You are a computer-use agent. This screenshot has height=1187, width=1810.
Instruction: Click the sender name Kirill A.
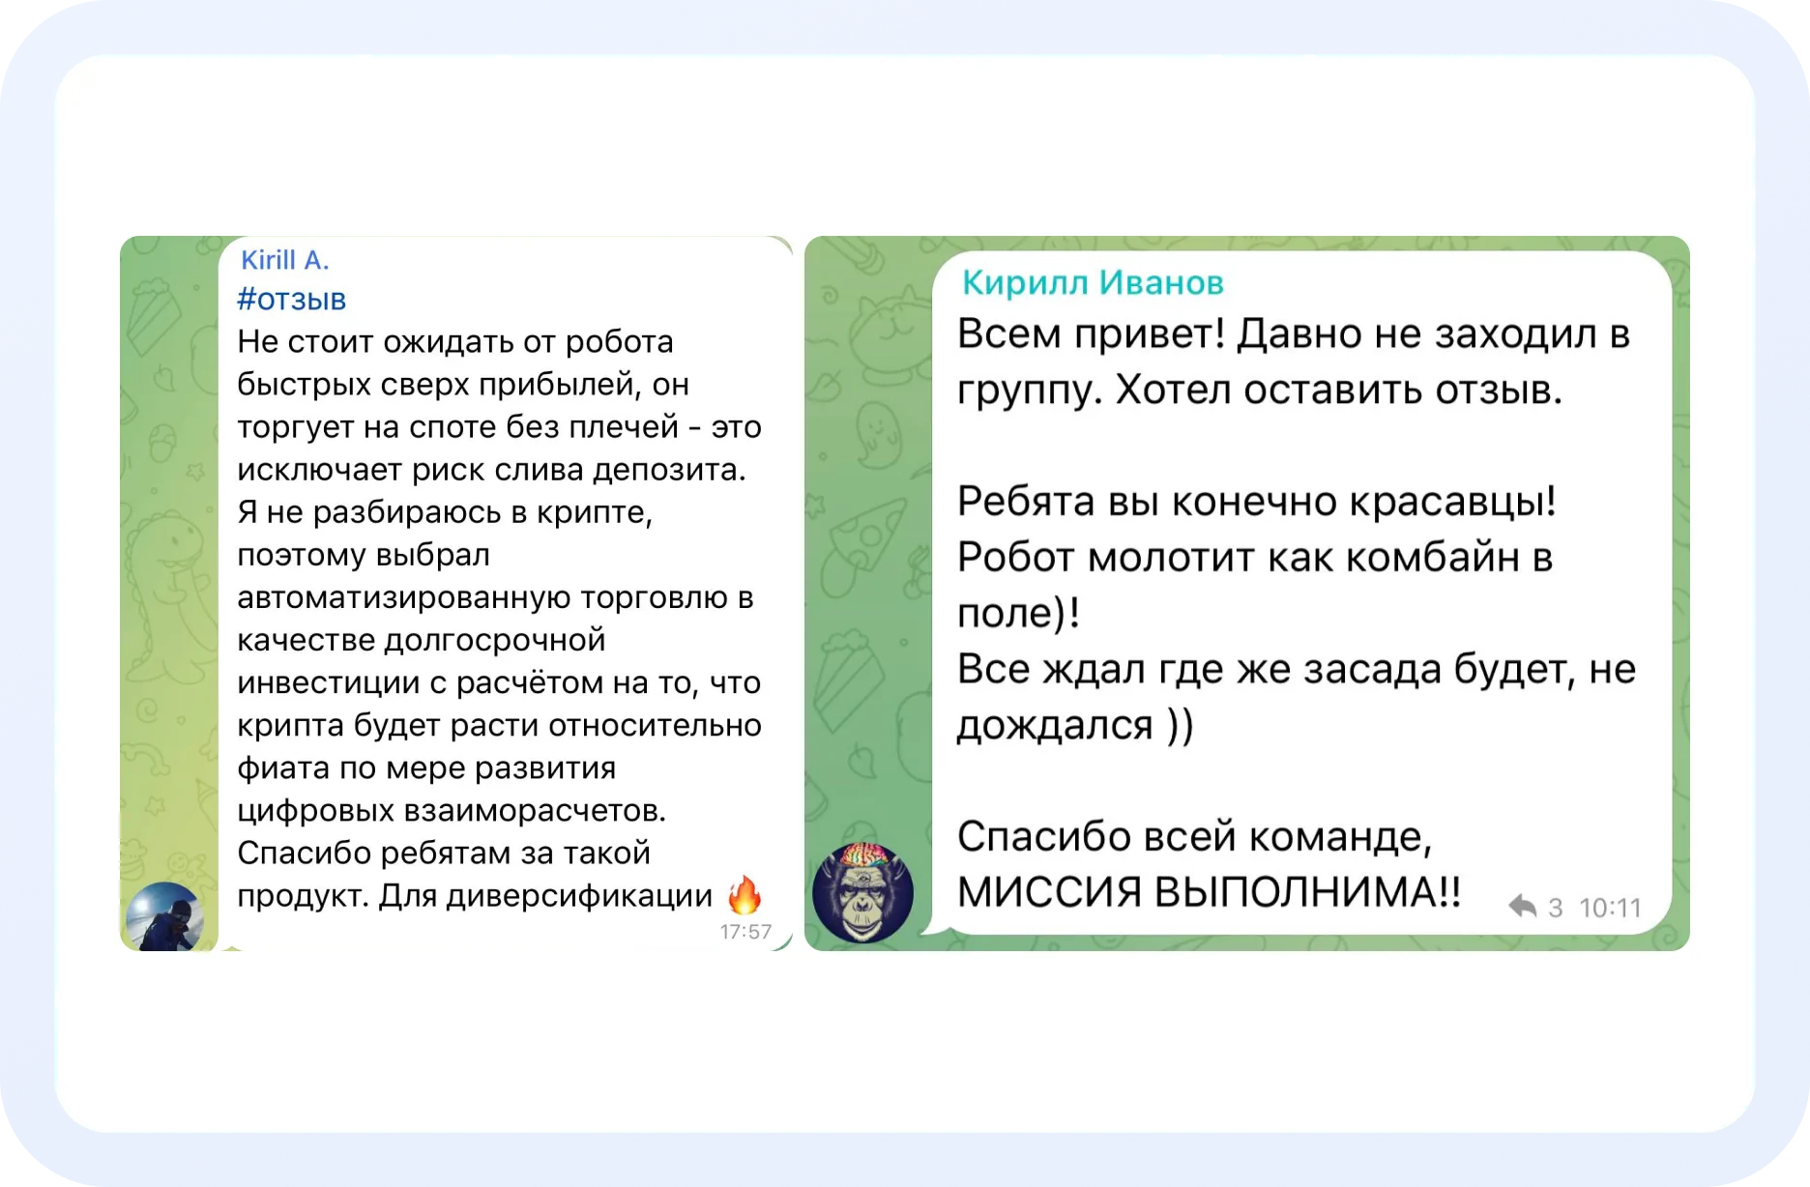coord(285,260)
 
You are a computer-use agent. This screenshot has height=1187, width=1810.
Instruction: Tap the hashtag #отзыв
coord(291,300)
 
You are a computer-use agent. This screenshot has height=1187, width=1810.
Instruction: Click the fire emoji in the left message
coord(744,894)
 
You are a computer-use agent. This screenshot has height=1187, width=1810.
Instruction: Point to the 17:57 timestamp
coord(745,932)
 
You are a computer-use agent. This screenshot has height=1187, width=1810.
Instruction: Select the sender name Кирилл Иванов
coord(1093,282)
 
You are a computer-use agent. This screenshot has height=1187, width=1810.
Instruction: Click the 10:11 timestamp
coord(1610,908)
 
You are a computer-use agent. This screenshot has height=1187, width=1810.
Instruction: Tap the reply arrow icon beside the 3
coord(1522,906)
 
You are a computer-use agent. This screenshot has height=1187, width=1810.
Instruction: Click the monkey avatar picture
coord(862,891)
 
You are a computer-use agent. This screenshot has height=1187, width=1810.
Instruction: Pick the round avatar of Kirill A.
coord(164,916)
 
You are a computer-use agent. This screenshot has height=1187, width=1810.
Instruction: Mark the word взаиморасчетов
coord(535,810)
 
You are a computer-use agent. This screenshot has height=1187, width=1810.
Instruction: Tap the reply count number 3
coord(1556,908)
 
